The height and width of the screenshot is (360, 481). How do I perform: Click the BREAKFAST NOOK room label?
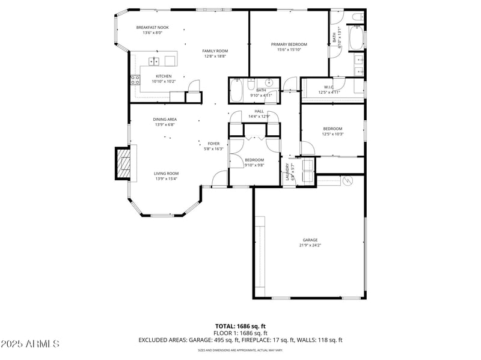tap(152, 27)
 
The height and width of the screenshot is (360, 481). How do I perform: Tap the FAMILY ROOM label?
tap(215, 51)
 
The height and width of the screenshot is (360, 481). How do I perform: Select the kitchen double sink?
tap(155, 61)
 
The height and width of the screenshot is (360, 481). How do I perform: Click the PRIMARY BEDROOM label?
tap(289, 44)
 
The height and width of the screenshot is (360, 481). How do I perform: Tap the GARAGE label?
tap(310, 240)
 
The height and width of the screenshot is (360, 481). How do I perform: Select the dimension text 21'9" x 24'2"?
tap(310, 245)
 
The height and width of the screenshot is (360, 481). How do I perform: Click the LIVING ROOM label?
tap(167, 173)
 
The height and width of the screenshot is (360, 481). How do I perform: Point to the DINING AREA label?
tap(165, 119)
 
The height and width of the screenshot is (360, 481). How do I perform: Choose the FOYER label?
tap(214, 144)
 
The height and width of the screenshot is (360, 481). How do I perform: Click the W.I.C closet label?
tap(329, 87)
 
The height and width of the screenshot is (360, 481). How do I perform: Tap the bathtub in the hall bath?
tap(237, 91)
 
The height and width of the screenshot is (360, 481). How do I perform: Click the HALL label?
tap(259, 111)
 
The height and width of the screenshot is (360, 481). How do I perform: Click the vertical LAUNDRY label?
tap(288, 172)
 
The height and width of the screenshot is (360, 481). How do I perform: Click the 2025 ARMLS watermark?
tap(30, 344)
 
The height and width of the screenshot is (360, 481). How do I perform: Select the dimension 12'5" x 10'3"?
tap(332, 134)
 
